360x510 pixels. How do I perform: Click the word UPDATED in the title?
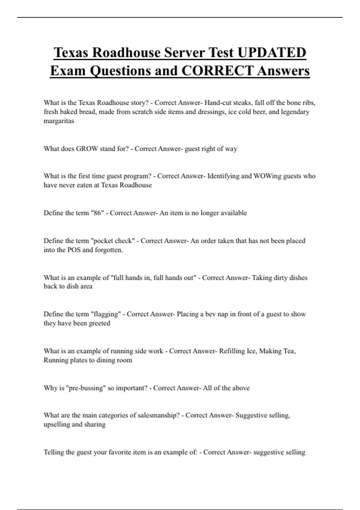[272, 52]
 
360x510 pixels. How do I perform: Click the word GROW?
[87, 149]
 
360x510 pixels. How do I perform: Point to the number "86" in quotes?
[97, 213]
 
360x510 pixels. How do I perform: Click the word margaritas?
[59, 121]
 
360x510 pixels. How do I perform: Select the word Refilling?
[232, 351]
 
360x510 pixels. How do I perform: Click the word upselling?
[57, 424]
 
